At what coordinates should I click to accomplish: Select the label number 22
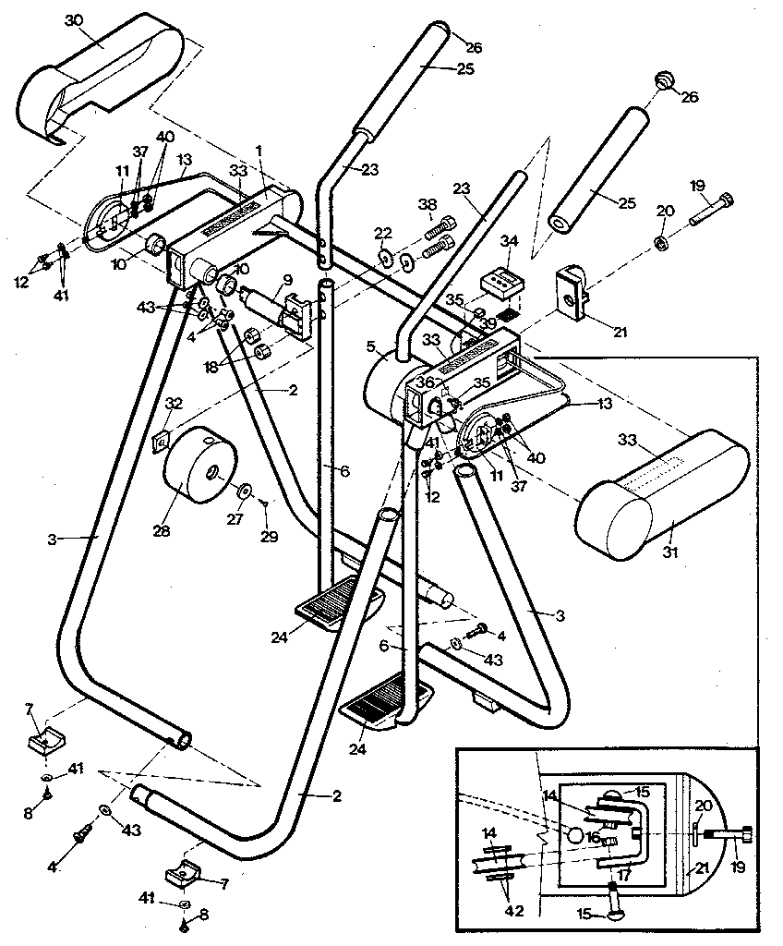coord(383,232)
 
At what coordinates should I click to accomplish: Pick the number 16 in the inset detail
coord(594,836)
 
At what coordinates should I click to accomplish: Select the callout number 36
coord(424,380)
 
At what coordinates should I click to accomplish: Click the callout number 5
coord(370,347)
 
